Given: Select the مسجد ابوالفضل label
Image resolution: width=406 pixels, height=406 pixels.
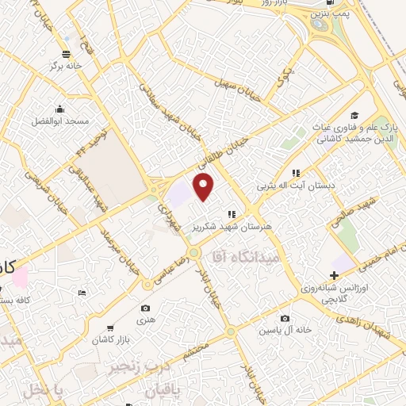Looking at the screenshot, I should (60, 122).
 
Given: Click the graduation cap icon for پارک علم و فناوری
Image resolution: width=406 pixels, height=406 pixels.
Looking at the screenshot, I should (354, 116).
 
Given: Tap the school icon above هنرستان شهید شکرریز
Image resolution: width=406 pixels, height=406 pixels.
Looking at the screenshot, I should (232, 214).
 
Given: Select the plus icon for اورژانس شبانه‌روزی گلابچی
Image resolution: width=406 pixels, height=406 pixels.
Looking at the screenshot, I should (333, 274).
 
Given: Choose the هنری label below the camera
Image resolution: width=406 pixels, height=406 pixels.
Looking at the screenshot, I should (144, 321).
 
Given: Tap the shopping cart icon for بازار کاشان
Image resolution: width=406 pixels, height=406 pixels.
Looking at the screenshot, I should (109, 328).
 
